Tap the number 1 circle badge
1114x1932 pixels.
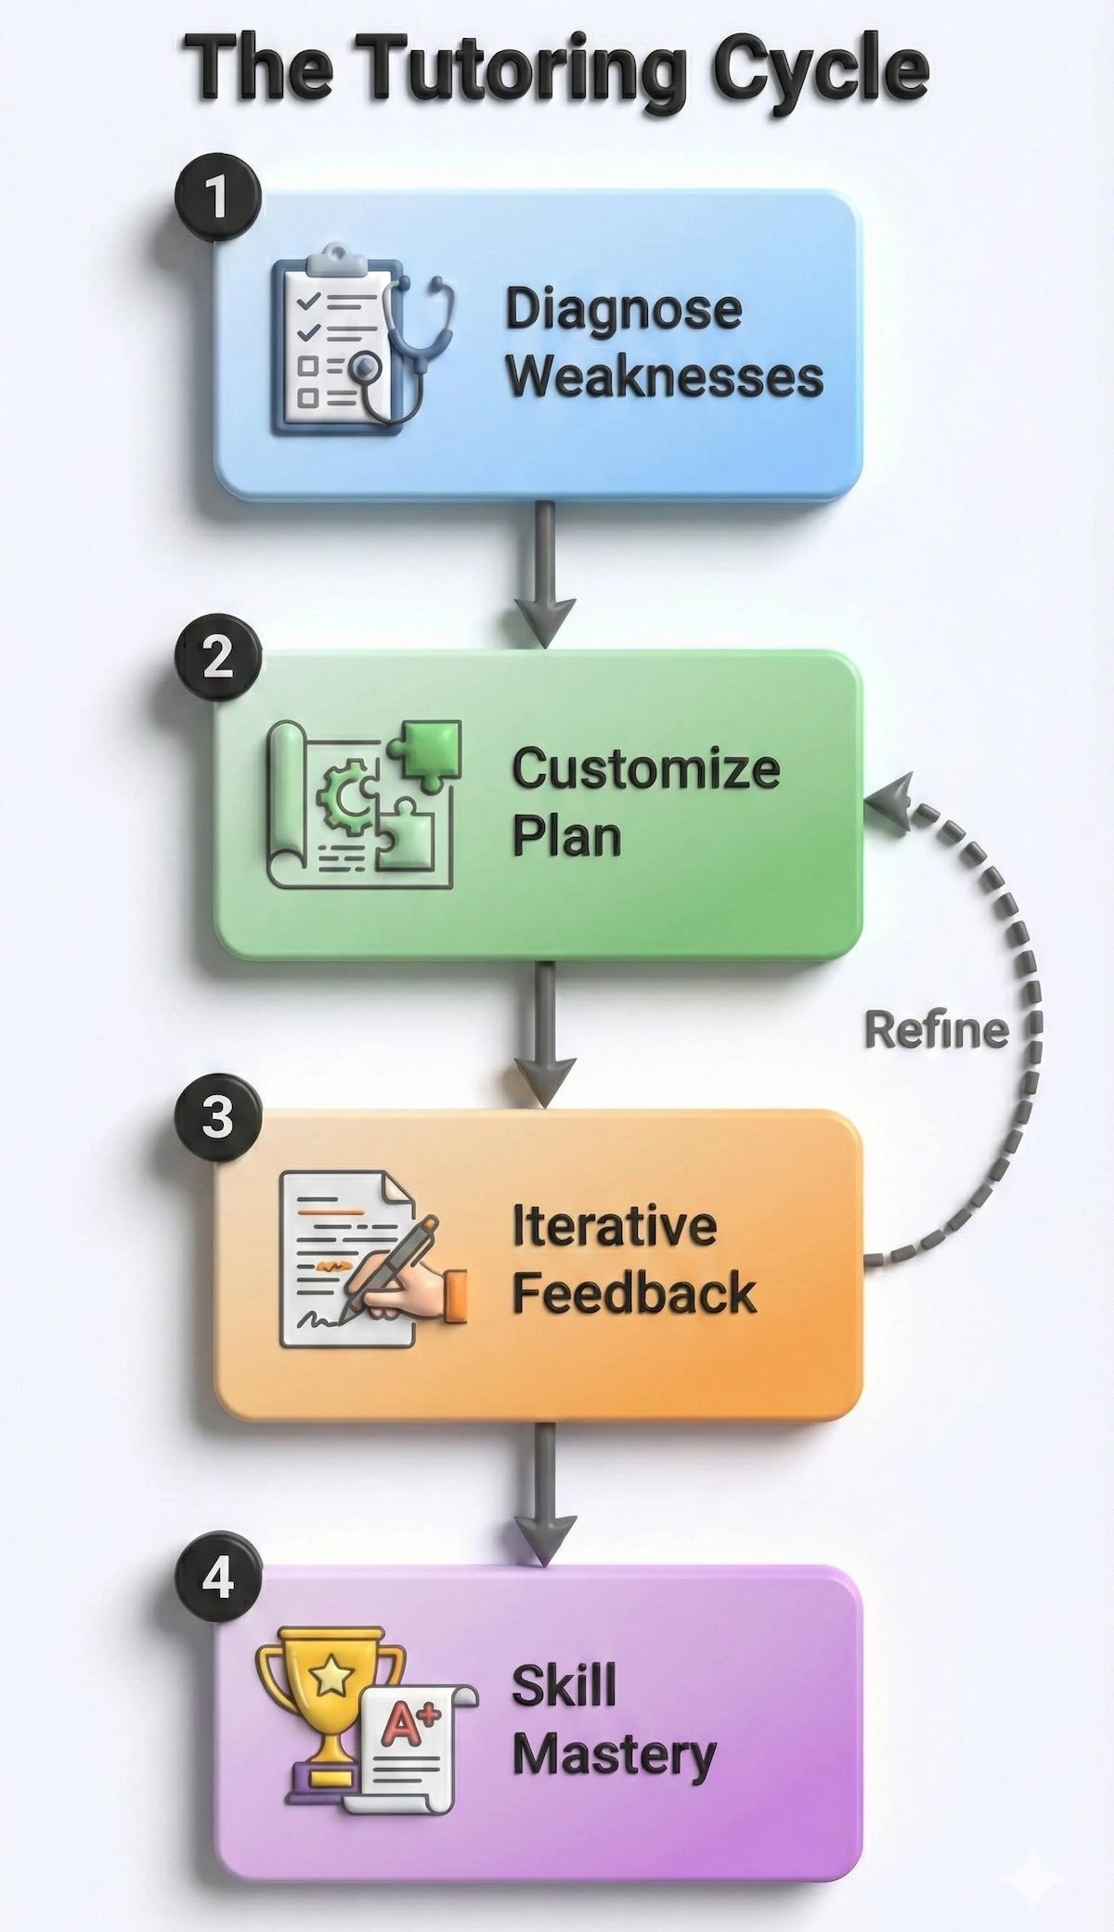pyautogui.click(x=217, y=197)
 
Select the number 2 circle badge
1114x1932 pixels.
pyautogui.click(x=217, y=657)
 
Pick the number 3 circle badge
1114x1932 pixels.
pyautogui.click(x=217, y=1116)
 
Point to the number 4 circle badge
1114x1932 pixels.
pyautogui.click(x=217, y=1577)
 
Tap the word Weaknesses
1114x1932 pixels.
pyautogui.click(x=665, y=378)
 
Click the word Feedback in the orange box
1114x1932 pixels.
pyautogui.click(x=634, y=1294)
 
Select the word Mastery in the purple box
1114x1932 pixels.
pyautogui.click(x=614, y=1755)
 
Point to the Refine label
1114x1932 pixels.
pyautogui.click(x=936, y=1030)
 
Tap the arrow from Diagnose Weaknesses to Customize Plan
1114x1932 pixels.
pyautogui.click(x=545, y=575)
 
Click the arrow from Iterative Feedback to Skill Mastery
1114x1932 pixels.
pyautogui.click(x=545, y=1494)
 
